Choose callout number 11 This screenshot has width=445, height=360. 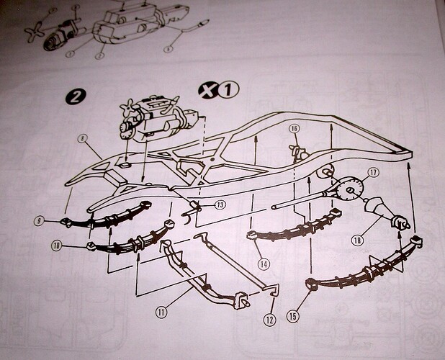click(162, 312)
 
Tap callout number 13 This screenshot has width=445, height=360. click(220, 206)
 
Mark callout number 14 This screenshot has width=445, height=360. click(264, 264)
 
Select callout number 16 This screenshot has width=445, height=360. click(295, 130)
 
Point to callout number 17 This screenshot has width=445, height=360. click(373, 173)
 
